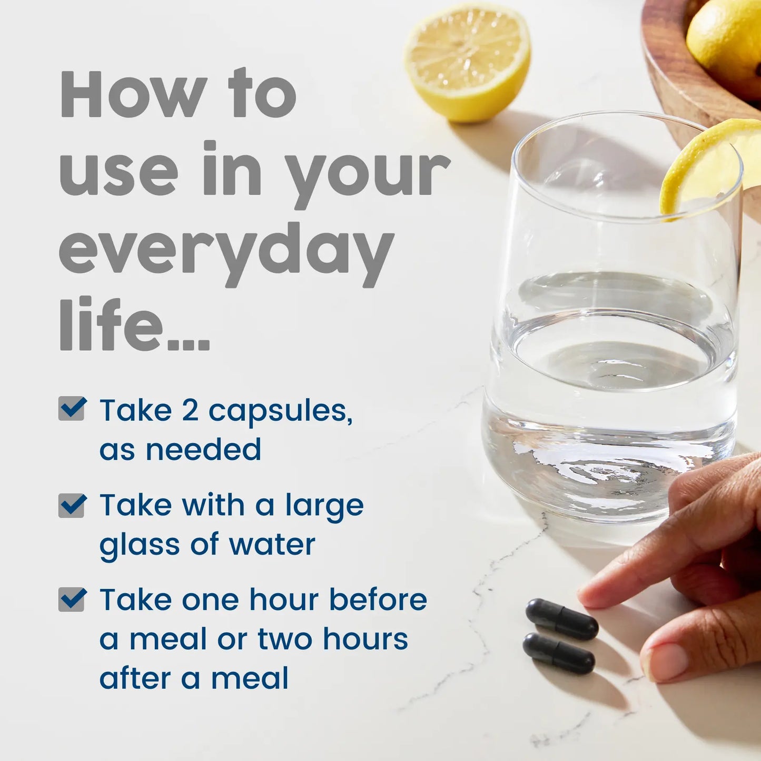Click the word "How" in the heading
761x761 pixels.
pyautogui.click(x=134, y=94)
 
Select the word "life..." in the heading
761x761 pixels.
pyautogui.click(x=134, y=324)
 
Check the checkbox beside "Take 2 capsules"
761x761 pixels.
pyautogui.click(x=72, y=408)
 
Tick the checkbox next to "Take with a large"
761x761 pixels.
pyautogui.click(x=72, y=505)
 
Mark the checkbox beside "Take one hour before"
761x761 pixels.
pyautogui.click(x=72, y=599)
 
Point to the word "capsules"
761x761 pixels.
pyautogui.click(x=280, y=412)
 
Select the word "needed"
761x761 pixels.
pyautogui.click(x=203, y=449)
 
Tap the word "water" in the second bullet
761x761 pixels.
pyautogui.click(x=272, y=545)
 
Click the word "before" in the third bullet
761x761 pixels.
pyautogui.click(x=378, y=599)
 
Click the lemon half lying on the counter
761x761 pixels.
pyautogui.click(x=467, y=62)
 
